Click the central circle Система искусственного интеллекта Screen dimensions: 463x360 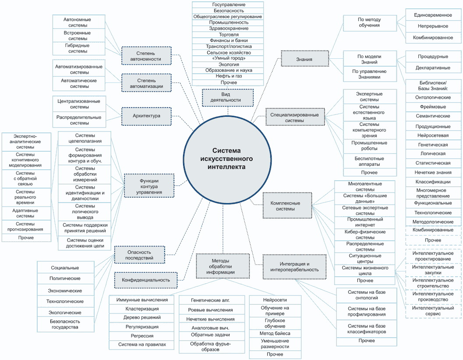coord(227,159)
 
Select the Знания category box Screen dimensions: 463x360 coord(305,59)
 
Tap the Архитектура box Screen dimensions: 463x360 coord(146,116)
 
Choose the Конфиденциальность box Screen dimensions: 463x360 coord(146,280)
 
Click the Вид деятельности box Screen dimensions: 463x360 coord(228,97)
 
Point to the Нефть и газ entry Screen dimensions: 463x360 coord(228,76)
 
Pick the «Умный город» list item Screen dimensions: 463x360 coord(228,58)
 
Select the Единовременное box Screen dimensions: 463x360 coord(433,15)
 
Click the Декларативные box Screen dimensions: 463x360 coord(433,68)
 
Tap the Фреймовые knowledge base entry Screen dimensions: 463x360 coord(433,107)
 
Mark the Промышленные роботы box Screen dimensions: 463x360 coord(369,146)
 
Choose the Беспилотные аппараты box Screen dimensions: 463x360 coord(369,161)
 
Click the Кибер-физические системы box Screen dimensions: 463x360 coord(365,235)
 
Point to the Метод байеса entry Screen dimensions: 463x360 coord(275,333)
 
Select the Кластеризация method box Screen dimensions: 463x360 coord(142,309)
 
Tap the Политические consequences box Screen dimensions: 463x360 coord(65,278)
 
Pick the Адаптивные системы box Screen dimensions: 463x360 coord(25,213)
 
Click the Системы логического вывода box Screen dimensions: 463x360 coord(85,212)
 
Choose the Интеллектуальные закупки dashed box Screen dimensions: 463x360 coord(433,270)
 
